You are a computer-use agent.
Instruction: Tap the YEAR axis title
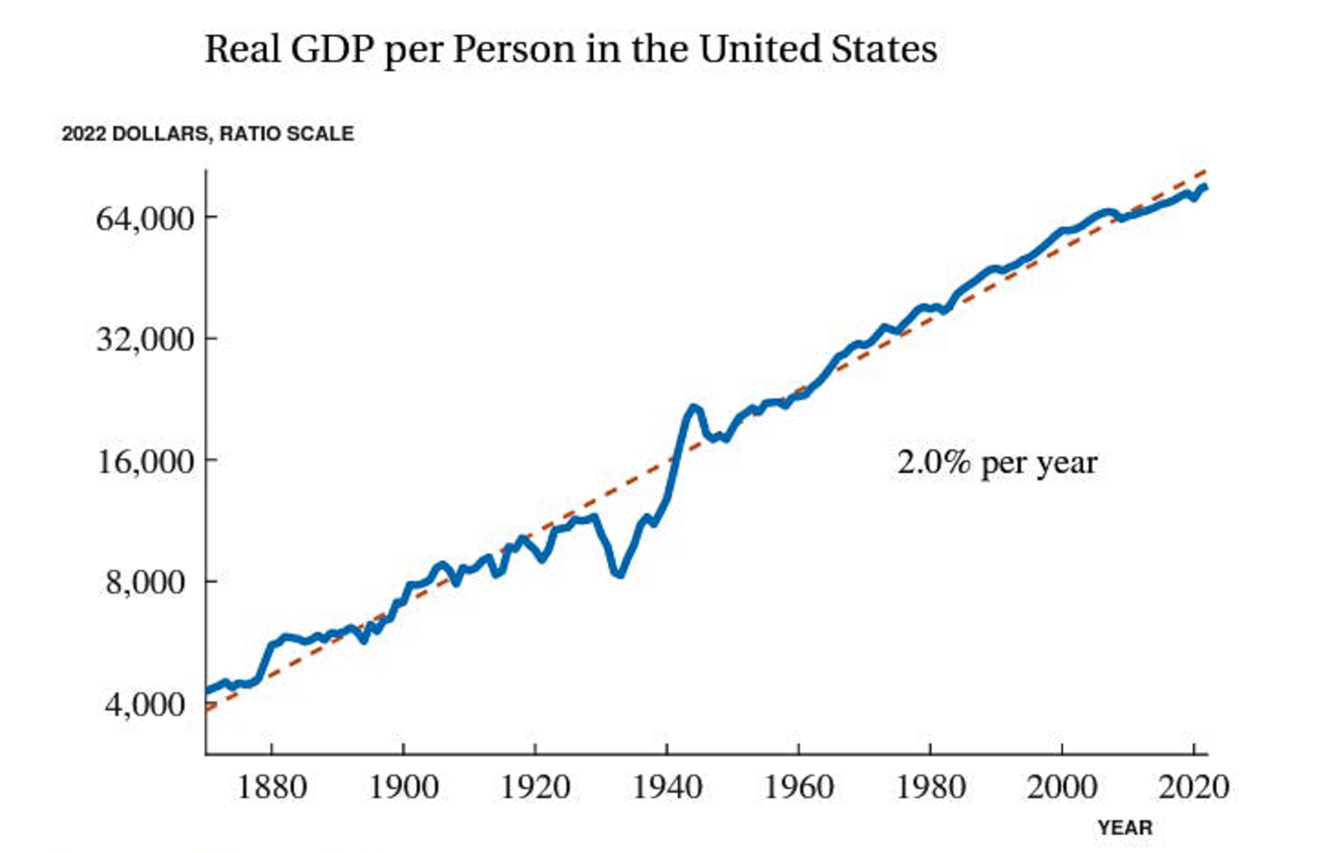[1125, 828]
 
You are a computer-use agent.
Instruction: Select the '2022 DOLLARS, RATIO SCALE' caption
[208, 134]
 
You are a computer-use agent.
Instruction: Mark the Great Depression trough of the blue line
[620, 575]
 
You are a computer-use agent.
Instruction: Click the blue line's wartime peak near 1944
[693, 408]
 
